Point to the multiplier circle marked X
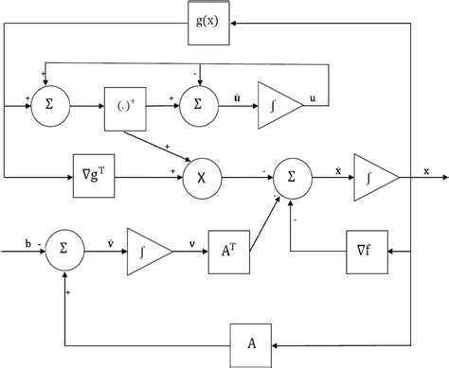[x=201, y=176]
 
